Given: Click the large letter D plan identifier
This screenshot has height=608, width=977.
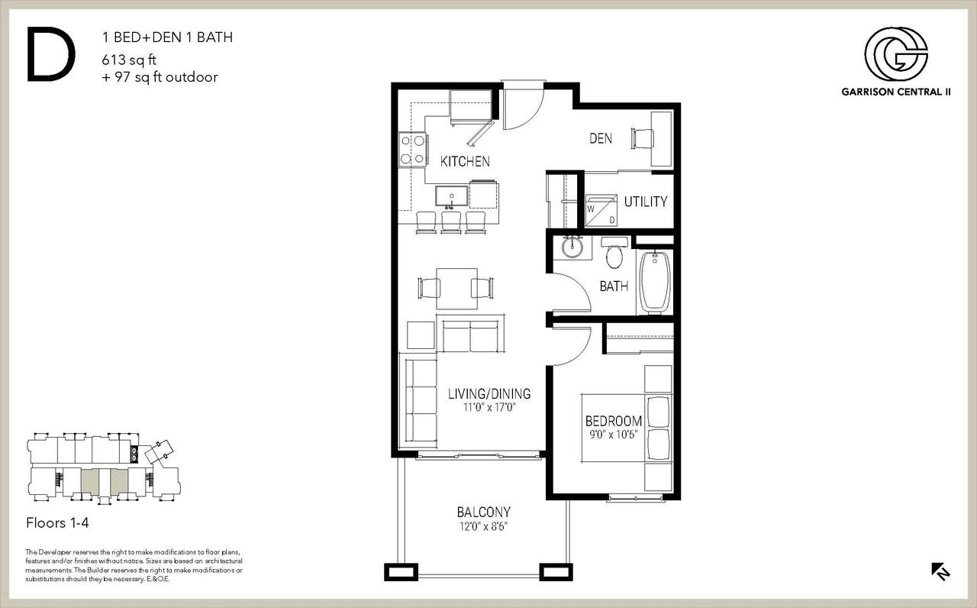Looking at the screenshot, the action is [51, 54].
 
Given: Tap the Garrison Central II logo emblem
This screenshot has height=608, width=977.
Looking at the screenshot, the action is [896, 54].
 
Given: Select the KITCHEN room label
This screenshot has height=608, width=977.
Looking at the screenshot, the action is [465, 161].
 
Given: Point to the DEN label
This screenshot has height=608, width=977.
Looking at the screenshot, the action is [601, 138].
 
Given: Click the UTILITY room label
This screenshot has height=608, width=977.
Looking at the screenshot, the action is [646, 202].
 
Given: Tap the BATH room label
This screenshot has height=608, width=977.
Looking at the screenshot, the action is [614, 286].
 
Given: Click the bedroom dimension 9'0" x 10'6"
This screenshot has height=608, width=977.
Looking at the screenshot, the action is [613, 435].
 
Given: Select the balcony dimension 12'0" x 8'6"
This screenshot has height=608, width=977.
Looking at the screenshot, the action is [483, 526].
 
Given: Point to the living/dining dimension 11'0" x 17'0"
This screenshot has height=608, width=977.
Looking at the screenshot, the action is [489, 408].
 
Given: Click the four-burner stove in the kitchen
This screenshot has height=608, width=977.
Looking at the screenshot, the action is [413, 149].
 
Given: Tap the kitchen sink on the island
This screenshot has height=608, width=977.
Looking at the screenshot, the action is [451, 197].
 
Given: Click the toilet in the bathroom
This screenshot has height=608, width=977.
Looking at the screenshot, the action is [614, 253].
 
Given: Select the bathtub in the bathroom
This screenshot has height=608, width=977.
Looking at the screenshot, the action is [654, 282].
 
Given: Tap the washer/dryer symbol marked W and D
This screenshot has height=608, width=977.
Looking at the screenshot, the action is [601, 210].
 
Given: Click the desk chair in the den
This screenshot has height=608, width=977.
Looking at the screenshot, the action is [642, 139].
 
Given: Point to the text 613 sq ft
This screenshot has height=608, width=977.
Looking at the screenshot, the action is [129, 60].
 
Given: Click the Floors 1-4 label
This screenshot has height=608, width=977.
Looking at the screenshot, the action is [57, 523].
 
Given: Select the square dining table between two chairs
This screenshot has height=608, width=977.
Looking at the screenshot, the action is [456, 289].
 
